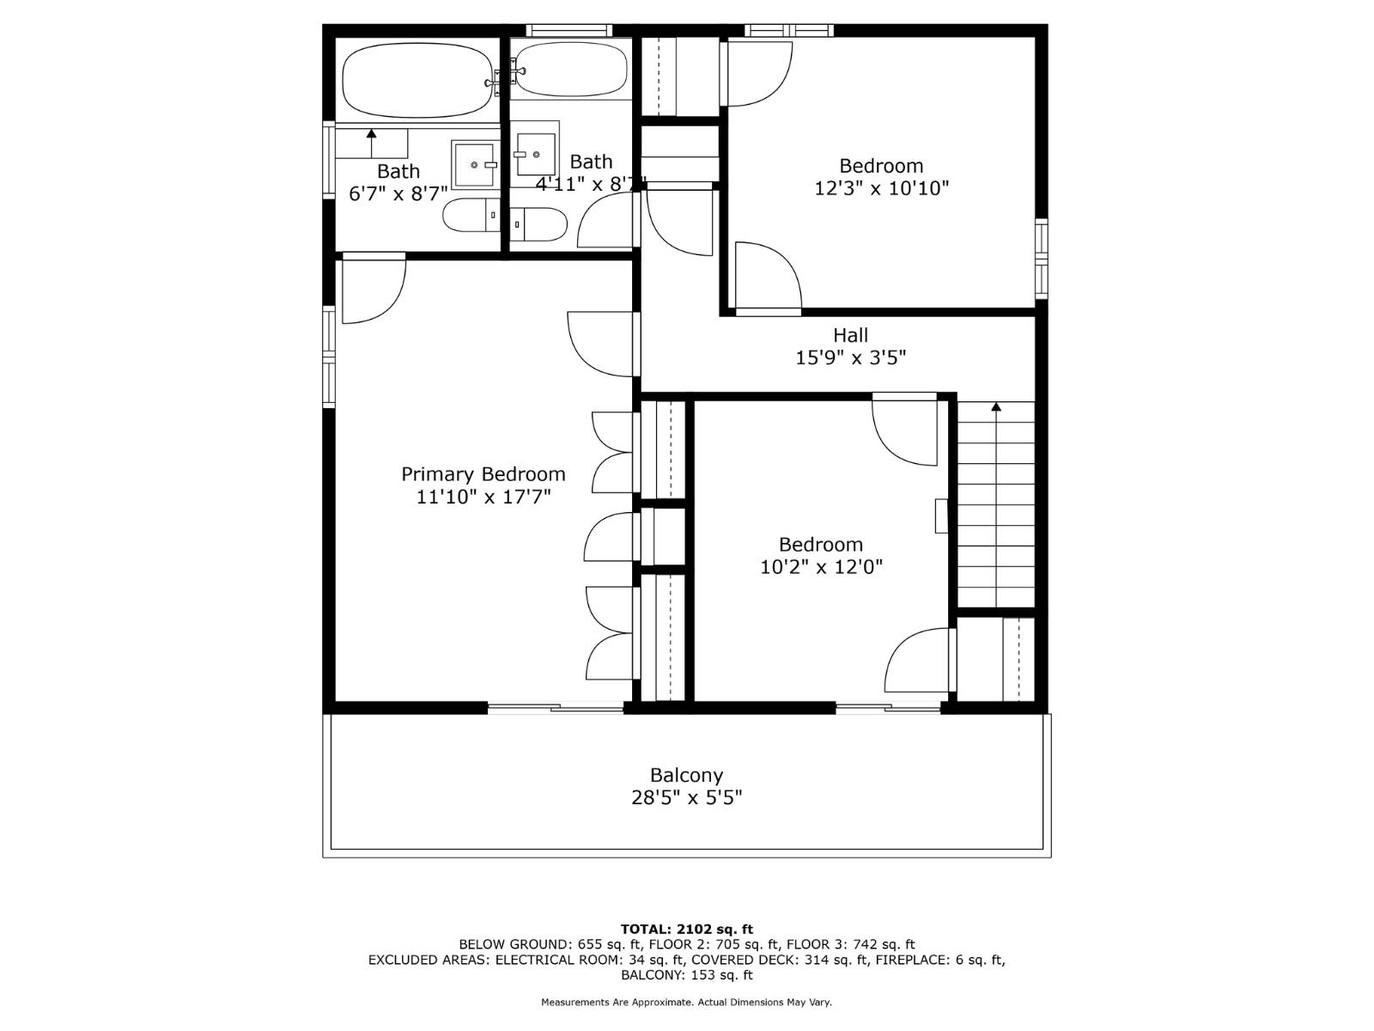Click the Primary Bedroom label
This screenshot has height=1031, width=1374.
pyautogui.click(x=483, y=474)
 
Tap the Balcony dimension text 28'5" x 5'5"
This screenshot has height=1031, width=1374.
pyautogui.click(x=686, y=798)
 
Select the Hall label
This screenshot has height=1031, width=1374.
pyautogui.click(x=850, y=335)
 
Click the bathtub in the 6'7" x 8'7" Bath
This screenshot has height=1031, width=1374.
pyautogui.click(x=417, y=82)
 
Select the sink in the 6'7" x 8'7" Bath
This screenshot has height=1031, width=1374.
pyautogui.click(x=474, y=164)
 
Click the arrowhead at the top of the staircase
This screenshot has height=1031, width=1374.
pyautogui.click(x=996, y=407)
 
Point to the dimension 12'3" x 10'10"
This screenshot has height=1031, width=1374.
pyautogui.click(x=881, y=188)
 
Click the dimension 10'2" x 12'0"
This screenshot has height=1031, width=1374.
pyautogui.click(x=821, y=567)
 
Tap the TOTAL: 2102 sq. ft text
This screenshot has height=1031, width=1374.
pyautogui.click(x=686, y=929)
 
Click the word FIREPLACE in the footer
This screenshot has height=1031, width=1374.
pyautogui.click(x=913, y=960)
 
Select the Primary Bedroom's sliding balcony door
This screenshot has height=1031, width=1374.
pyautogui.click(x=556, y=708)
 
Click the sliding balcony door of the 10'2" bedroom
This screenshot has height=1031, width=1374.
pyautogui.click(x=888, y=708)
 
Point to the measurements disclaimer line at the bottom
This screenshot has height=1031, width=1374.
pyautogui.click(x=686, y=1002)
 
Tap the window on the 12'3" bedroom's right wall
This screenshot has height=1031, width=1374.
pyautogui.click(x=1041, y=258)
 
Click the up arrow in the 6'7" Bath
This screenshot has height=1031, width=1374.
pyautogui.click(x=371, y=134)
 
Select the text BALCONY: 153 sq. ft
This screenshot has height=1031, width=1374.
pyautogui.click(x=686, y=975)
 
